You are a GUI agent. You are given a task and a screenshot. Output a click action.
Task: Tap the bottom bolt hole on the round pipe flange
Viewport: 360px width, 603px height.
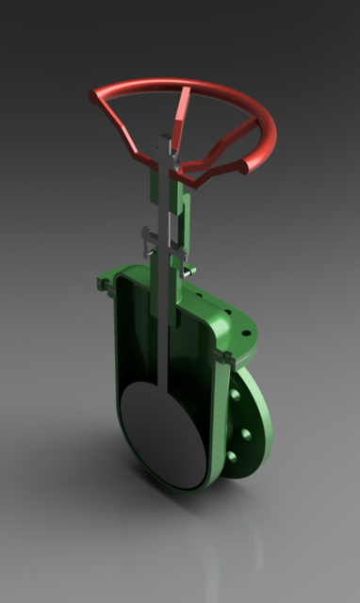[232, 458]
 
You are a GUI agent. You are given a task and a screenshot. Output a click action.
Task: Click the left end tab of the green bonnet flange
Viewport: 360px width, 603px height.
[103, 282]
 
